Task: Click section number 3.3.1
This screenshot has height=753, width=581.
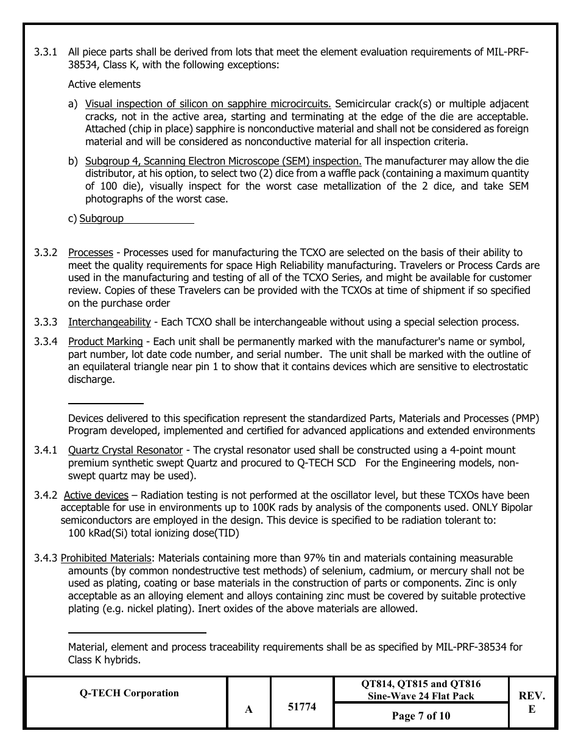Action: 46,52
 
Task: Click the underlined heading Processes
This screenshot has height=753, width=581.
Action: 90,252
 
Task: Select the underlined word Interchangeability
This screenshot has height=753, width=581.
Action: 109,322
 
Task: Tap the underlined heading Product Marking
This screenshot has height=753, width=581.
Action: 105,341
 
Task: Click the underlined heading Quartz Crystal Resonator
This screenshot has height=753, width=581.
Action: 125,450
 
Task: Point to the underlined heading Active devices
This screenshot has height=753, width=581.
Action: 96,495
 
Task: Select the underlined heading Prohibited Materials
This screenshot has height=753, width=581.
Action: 106,558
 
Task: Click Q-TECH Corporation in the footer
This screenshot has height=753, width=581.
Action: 129,693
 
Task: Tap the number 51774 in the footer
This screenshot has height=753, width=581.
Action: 301,707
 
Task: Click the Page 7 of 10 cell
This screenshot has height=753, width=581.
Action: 421,716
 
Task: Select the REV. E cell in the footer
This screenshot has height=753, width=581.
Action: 532,702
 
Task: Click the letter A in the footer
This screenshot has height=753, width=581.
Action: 248,709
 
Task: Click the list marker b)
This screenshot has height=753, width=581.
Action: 73,161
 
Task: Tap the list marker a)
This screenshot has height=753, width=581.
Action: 73,104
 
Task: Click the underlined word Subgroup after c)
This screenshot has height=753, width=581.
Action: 101,218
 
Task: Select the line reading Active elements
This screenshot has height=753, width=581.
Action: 104,84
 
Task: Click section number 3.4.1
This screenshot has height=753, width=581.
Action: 46,450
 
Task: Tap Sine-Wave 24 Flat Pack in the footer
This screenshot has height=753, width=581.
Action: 420,696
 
